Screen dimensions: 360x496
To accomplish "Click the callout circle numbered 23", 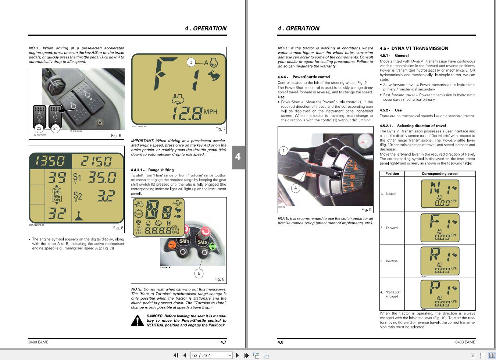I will (x=39, y=128).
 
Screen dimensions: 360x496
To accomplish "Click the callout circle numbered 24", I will (x=55, y=128).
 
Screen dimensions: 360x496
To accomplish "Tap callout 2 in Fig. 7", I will (x=191, y=62).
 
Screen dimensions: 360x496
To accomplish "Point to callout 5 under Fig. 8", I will (x=199, y=273).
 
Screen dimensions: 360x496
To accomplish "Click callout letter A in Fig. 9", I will (x=295, y=188).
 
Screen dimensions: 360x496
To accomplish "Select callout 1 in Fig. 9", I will (x=283, y=151).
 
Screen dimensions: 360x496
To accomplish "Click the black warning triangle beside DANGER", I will (x=138, y=321).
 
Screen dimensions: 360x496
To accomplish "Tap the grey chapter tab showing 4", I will (x=238, y=157).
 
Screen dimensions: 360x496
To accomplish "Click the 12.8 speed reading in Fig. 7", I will (x=188, y=113).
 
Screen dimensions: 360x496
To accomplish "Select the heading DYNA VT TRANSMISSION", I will (x=420, y=48).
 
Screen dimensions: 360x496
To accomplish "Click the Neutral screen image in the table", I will (x=440, y=194).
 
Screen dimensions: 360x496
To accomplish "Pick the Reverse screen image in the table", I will (x=440, y=261).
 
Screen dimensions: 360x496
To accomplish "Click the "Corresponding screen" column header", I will (x=440, y=174).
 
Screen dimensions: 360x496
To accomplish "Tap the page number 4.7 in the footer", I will (x=223, y=342).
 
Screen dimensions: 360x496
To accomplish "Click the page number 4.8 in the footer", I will (x=281, y=342).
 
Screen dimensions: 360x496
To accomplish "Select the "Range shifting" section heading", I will (x=161, y=170).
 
